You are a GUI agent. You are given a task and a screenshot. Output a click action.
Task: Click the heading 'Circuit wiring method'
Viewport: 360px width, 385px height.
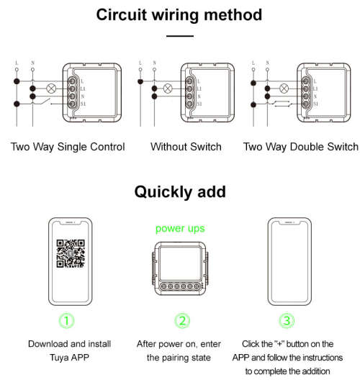179,14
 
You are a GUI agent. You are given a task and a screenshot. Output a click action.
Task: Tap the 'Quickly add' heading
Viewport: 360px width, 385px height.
179,191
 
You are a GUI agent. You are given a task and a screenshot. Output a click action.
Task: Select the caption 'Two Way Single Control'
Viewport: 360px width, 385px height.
68,147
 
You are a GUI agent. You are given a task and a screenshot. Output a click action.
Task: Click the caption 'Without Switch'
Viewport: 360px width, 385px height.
186,147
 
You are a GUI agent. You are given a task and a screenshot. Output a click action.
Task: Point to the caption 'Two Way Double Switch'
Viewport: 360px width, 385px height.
300,147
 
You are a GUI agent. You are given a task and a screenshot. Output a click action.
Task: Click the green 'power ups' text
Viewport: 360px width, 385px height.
181,228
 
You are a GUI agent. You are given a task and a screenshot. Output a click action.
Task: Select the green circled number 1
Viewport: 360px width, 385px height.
66,320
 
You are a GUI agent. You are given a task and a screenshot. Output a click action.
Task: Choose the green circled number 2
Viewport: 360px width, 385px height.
181,320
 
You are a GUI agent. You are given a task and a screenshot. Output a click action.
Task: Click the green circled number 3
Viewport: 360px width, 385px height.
287,320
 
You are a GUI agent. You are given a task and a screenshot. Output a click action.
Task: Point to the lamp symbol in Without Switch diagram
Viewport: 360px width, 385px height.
168,89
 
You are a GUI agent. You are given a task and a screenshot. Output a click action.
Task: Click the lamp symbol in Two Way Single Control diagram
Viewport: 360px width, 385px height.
51,89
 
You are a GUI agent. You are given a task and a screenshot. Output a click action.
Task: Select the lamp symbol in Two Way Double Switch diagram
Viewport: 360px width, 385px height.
284,89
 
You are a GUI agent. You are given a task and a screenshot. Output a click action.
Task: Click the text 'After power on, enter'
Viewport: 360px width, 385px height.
180,344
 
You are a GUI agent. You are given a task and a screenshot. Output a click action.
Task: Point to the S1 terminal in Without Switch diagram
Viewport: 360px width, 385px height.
192,105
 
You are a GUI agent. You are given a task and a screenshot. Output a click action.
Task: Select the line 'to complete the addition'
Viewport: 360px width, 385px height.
287,371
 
